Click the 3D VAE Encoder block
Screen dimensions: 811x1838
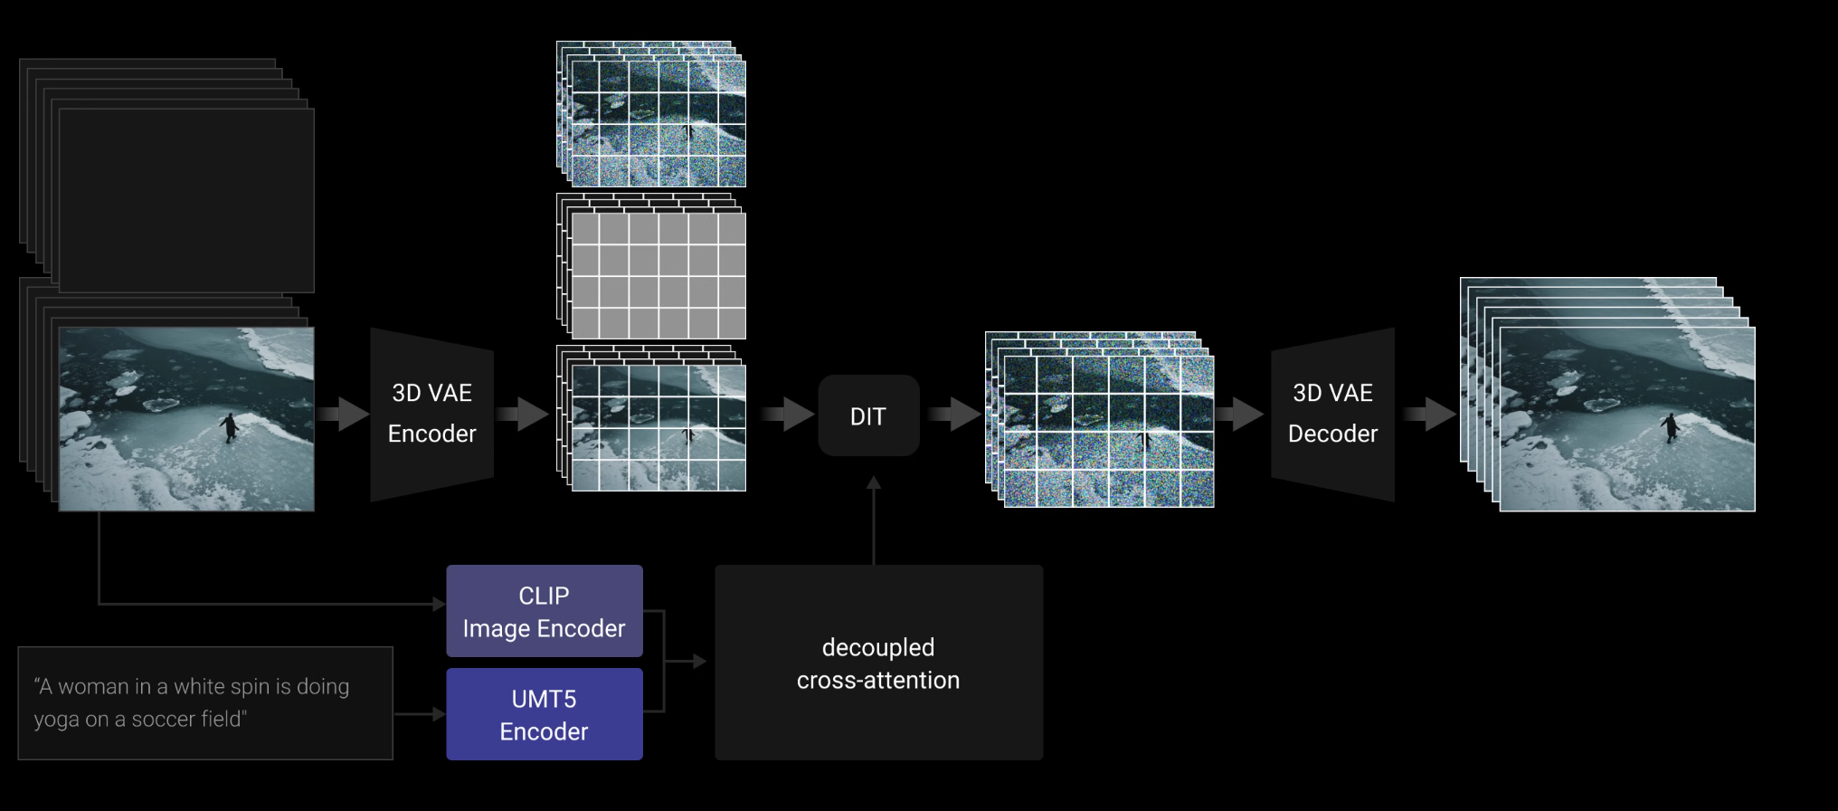point(431,414)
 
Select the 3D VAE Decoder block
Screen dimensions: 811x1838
point(1332,414)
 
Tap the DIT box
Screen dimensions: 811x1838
point(868,415)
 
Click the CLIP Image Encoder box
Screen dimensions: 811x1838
point(544,611)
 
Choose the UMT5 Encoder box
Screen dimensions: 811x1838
point(544,714)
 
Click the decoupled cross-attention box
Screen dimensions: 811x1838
point(878,663)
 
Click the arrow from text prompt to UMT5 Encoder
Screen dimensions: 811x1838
point(420,714)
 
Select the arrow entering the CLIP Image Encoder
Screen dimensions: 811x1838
point(271,604)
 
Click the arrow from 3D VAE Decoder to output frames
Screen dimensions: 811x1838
point(1428,415)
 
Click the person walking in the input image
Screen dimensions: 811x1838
point(230,427)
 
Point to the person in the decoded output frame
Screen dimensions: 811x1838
point(1670,427)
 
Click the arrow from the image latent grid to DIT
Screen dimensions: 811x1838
point(787,415)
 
